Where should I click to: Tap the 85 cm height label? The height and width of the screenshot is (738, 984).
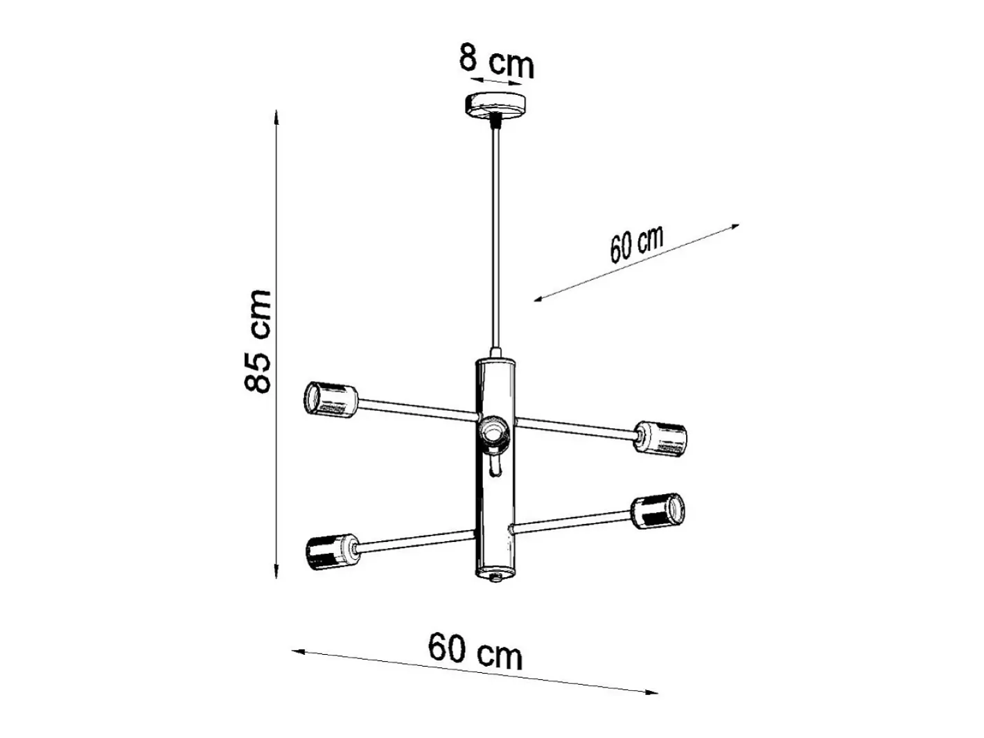point(258,342)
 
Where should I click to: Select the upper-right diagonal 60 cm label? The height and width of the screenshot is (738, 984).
point(636,244)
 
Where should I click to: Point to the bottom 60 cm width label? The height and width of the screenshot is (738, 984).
point(475,651)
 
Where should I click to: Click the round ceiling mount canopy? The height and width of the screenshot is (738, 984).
point(495,105)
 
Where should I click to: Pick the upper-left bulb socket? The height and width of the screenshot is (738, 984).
point(331,400)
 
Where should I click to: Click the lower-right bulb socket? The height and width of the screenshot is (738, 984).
point(658,511)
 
